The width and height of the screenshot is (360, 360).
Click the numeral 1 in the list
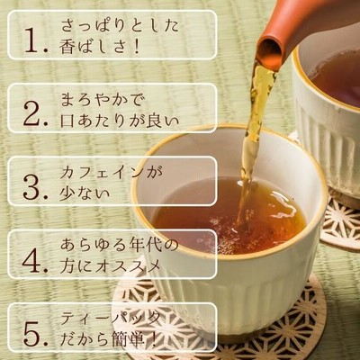point(33,40)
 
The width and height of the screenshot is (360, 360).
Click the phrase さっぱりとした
point(120,25)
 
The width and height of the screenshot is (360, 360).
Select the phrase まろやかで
point(101,100)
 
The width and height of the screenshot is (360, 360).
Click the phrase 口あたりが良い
point(120,121)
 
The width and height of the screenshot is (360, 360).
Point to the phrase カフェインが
point(111,174)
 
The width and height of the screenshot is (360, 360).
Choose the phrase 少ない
point(85,194)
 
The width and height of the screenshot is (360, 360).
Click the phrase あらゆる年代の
point(120,246)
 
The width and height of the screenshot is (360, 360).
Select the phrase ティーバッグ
point(109,319)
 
